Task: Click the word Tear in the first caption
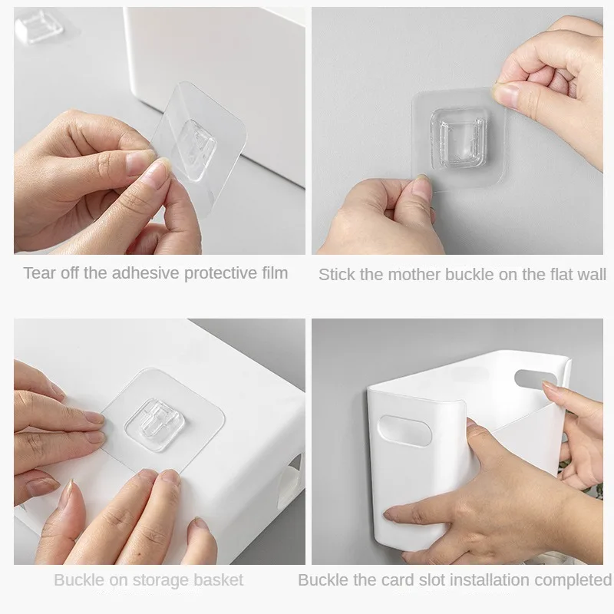pyautogui.click(x=38, y=272)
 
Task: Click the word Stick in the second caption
pyautogui.click(x=336, y=274)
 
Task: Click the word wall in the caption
pyautogui.click(x=590, y=274)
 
